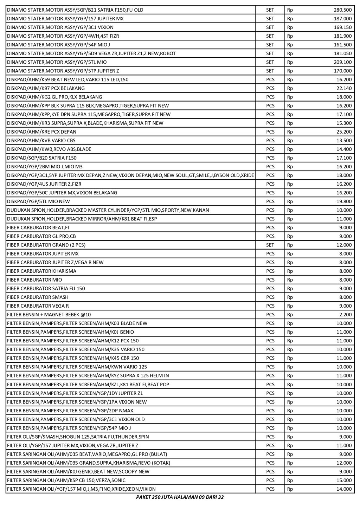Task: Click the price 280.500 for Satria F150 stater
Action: click(342, 10)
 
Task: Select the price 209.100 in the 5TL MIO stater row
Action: click(342, 62)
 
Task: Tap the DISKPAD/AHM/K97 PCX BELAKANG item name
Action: click(46, 88)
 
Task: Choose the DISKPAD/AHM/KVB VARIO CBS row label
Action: click(41, 141)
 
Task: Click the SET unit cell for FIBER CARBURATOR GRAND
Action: click(270, 245)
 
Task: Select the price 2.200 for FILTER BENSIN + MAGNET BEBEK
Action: click(346, 315)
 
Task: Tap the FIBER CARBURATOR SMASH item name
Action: click(38, 297)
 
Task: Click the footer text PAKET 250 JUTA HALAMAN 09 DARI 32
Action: click(180, 497)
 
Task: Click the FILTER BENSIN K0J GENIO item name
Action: click(70, 332)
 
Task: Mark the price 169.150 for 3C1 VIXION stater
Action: click(342, 27)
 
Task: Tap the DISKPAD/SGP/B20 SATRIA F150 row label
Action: click(42, 158)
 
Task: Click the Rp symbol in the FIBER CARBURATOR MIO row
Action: click(290, 280)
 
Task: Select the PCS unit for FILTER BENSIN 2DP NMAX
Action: click(270, 411)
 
